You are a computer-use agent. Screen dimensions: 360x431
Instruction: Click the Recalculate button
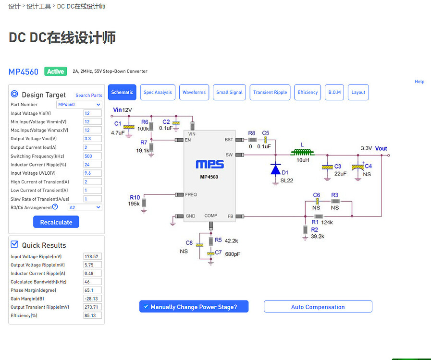pyautogui.click(x=56, y=222)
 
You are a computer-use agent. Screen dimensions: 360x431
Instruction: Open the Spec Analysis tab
pyautogui.click(x=158, y=92)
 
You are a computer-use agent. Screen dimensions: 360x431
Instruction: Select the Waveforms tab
pyautogui.click(x=194, y=92)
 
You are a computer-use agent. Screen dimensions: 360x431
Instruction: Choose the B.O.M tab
pyautogui.click(x=334, y=92)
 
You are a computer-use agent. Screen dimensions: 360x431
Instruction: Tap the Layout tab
pyautogui.click(x=358, y=92)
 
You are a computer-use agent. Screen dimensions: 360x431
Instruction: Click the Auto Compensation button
pyautogui.click(x=318, y=307)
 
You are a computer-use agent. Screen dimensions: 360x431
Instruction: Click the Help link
pyautogui.click(x=419, y=82)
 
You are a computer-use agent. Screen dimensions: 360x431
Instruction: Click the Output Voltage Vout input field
pyautogui.click(x=92, y=139)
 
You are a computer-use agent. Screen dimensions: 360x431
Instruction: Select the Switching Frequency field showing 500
pyautogui.click(x=92, y=156)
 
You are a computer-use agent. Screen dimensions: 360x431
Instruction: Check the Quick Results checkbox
pyautogui.click(x=14, y=245)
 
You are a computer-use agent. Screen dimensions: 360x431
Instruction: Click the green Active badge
pyautogui.click(x=55, y=72)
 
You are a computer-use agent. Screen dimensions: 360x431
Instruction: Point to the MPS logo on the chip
pyautogui.click(x=209, y=164)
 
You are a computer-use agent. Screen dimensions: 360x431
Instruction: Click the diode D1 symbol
pyautogui.click(x=275, y=169)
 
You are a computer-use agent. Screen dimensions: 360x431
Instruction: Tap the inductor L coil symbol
pyautogui.click(x=303, y=153)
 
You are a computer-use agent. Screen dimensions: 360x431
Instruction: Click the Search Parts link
pyautogui.click(x=89, y=96)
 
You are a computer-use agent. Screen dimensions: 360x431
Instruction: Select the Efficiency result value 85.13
pyautogui.click(x=92, y=315)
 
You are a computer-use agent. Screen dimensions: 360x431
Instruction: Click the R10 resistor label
pyautogui.click(x=135, y=197)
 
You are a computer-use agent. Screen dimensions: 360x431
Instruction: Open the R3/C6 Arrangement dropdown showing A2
pyautogui.click(x=85, y=207)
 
